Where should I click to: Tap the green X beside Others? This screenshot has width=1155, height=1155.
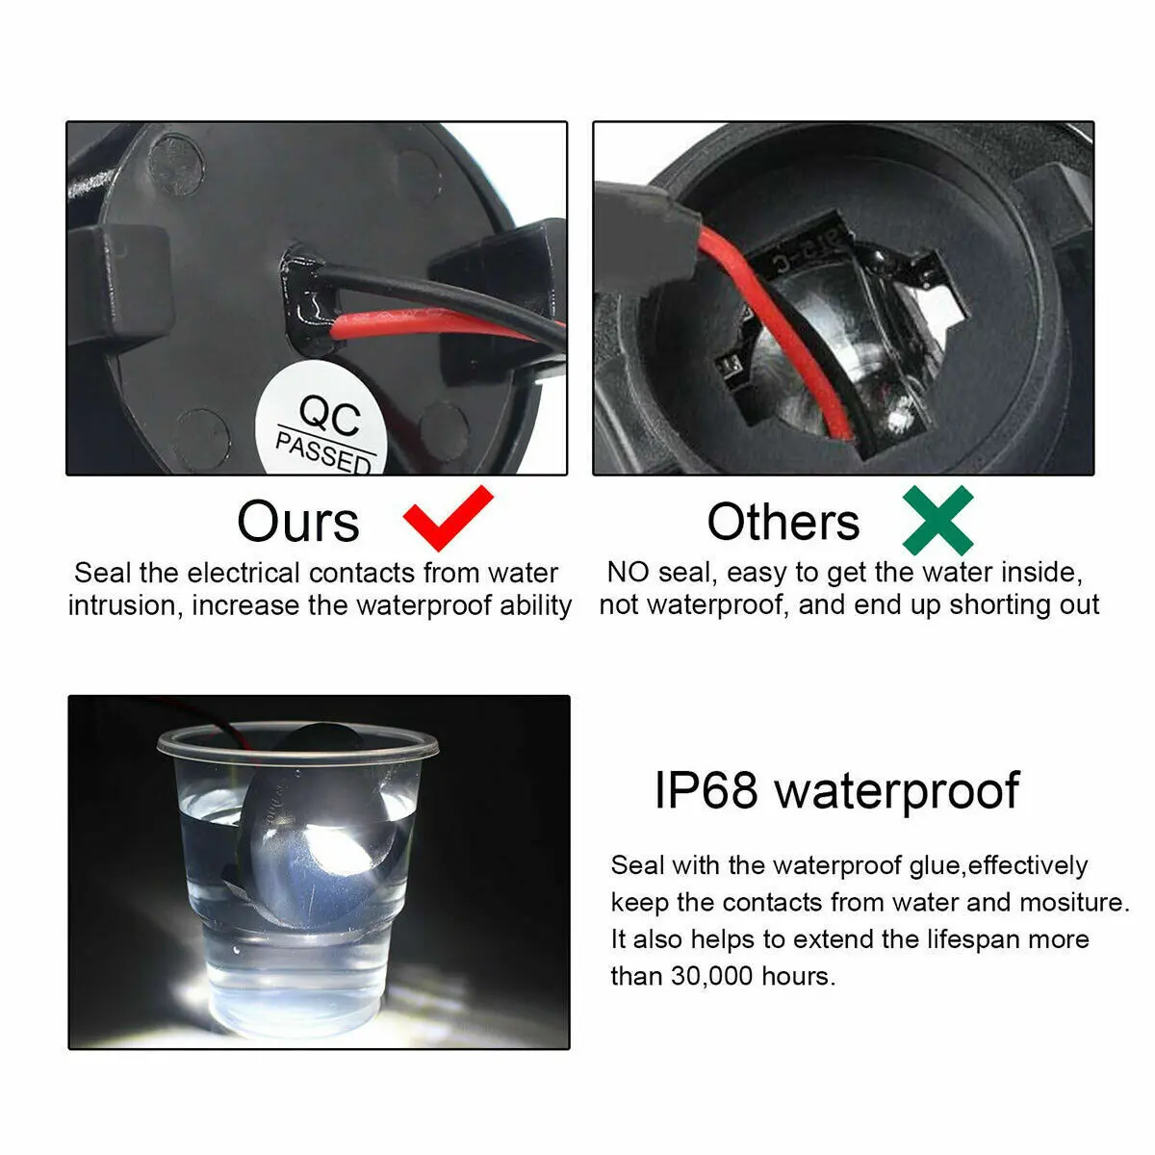tap(938, 521)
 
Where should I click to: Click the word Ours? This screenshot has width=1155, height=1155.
tap(298, 522)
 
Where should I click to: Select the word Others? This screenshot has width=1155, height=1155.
tap(783, 522)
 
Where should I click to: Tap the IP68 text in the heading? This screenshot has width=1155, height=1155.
tap(706, 790)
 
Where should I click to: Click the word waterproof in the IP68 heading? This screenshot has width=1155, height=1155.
tap(897, 792)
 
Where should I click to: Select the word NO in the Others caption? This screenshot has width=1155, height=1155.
tap(629, 573)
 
